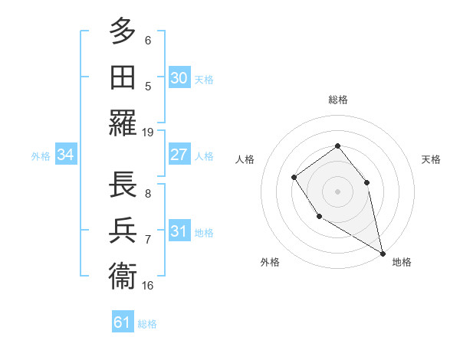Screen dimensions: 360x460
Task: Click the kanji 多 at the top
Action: [x=123, y=31]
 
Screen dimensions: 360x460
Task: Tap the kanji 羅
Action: [x=123, y=123]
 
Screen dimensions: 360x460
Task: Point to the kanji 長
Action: [x=123, y=183]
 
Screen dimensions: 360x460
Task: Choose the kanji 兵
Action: [x=123, y=229]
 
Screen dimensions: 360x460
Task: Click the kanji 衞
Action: [x=123, y=274]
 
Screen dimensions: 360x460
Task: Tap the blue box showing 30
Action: [x=179, y=77]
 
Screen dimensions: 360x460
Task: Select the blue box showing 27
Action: [x=179, y=154]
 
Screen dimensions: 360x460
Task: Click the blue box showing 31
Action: [x=179, y=231]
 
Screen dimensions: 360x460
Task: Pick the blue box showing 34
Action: [x=65, y=155]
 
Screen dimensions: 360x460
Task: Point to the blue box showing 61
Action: [x=122, y=322]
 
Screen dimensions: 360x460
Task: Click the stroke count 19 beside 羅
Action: [x=148, y=132]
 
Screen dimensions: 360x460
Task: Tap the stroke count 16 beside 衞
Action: [x=148, y=285]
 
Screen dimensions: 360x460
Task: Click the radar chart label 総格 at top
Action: [x=337, y=100]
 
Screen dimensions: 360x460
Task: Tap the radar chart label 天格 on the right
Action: [x=431, y=159]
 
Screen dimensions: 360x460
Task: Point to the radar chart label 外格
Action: [x=270, y=262]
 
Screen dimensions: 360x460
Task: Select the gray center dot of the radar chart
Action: [x=337, y=191]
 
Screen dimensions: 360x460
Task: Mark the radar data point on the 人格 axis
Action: [x=294, y=178]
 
